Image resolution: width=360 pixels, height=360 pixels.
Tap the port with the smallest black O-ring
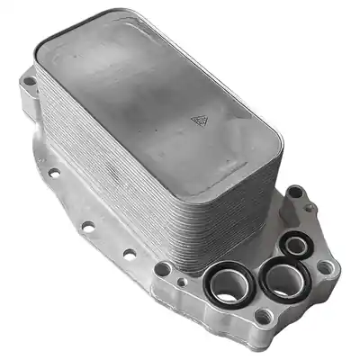(294, 243)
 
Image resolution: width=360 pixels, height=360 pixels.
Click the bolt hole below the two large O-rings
(263, 315)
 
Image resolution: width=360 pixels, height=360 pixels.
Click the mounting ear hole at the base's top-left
(30, 83)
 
